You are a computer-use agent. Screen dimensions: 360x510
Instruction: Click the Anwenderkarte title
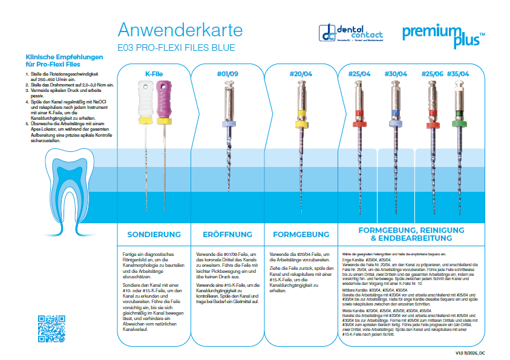[x=180, y=30]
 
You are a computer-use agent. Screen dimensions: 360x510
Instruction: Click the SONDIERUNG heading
[x=154, y=234]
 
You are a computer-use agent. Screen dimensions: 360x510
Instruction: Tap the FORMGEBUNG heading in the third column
[x=301, y=234]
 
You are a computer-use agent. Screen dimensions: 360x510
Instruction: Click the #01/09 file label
[x=226, y=74]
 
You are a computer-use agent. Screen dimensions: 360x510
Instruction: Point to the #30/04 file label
[x=396, y=74]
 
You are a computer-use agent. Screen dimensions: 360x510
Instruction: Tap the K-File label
[x=154, y=74]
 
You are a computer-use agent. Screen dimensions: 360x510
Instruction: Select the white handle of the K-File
[x=143, y=100]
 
